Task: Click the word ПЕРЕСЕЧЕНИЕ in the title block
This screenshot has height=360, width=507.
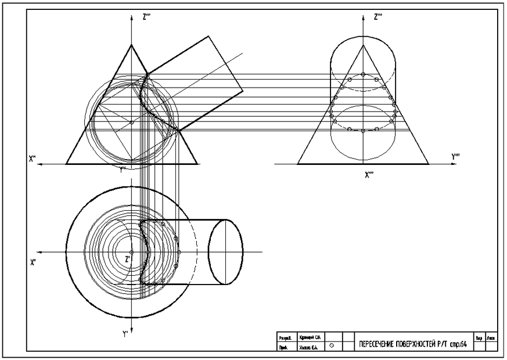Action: click(377, 344)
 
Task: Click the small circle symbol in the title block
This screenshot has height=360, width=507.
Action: click(332, 345)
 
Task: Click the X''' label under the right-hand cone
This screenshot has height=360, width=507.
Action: click(369, 173)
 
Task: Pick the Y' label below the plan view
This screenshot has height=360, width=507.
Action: click(125, 334)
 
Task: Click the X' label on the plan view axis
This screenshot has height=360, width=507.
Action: click(33, 262)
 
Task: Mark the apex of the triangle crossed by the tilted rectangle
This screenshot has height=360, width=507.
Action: click(132, 44)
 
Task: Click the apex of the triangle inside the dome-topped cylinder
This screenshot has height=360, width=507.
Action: click(363, 44)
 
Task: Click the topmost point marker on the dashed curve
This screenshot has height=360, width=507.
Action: click(363, 74)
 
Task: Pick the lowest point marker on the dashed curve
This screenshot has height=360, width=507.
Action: click(363, 131)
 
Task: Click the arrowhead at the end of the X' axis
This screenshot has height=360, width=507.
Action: click(38, 253)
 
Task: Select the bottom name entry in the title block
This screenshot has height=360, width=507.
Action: click(308, 347)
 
